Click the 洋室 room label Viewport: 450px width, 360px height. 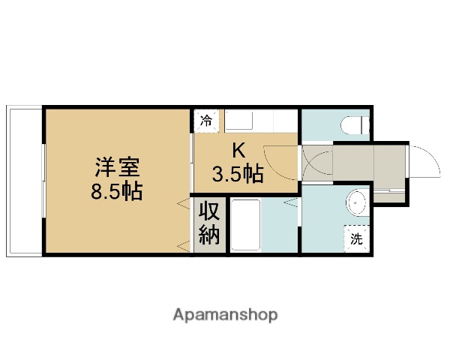coord(116,165)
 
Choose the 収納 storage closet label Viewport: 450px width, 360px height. coord(209,223)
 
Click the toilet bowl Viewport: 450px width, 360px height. coord(352,124)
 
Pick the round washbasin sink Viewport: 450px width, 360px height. coord(357,203)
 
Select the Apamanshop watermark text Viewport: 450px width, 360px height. coord(225,314)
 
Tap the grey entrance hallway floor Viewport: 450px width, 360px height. coord(367,162)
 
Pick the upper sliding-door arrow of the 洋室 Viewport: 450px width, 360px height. coord(181,203)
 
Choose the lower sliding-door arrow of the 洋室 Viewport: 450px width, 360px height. coord(181,245)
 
